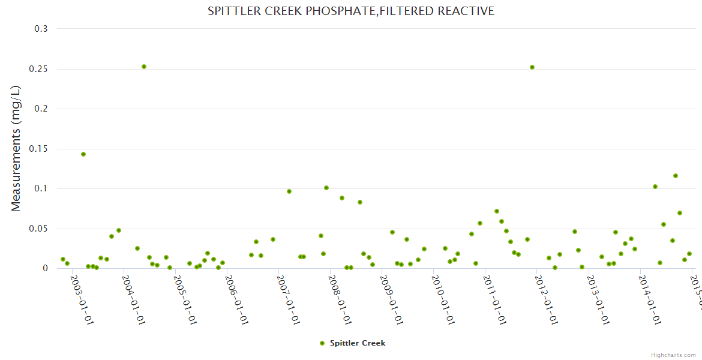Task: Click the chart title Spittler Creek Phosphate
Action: pos(350,11)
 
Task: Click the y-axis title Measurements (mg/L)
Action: pos(16,148)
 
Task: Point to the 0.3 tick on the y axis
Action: pos(41,29)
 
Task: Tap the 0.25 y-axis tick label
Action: pos(37,69)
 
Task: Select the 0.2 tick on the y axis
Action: pos(41,109)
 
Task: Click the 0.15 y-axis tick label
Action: pos(37,149)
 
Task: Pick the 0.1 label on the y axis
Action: pos(41,188)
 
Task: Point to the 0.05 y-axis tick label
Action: pos(37,229)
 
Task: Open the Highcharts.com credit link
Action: pos(674,355)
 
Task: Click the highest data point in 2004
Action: pos(144,67)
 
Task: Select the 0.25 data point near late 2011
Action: pos(532,67)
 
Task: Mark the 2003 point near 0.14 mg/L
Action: pos(83,154)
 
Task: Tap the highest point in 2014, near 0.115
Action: pos(676,176)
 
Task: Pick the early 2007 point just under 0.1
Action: pos(289,191)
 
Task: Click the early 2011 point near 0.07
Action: pos(497,211)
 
